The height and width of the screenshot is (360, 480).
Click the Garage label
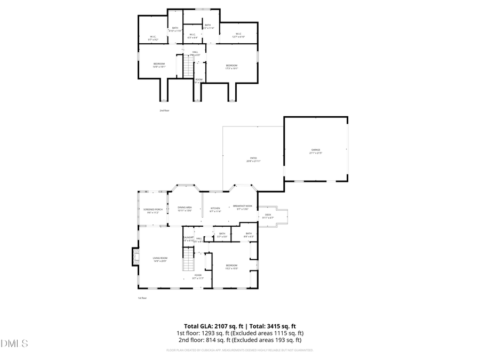pyautogui.click(x=316, y=151)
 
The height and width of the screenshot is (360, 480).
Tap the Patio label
pyautogui.click(x=253, y=159)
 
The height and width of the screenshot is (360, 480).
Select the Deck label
pyautogui.click(x=268, y=216)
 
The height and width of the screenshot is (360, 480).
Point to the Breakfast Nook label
pyautogui.click(x=242, y=207)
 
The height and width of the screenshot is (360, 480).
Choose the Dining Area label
pyautogui.click(x=185, y=209)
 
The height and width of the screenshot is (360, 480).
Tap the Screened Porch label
pyautogui.click(x=153, y=211)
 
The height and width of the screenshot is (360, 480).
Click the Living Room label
pyautogui.click(x=160, y=260)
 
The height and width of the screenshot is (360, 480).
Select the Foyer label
pyautogui.click(x=198, y=276)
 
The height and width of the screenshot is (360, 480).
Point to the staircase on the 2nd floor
pyautogui.click(x=187, y=67)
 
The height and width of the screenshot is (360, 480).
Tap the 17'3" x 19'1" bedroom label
pyautogui.click(x=231, y=67)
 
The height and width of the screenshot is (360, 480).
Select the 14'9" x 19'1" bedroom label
pyautogui.click(x=159, y=65)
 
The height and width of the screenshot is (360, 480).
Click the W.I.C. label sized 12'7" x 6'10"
pyautogui.click(x=238, y=36)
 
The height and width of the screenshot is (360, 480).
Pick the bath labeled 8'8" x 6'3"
pyautogui.click(x=249, y=235)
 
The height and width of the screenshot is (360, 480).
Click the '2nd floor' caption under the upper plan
pyautogui.click(x=164, y=110)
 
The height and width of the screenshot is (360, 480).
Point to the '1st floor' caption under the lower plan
pyautogui.click(x=142, y=298)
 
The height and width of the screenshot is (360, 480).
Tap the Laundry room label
pyautogui.click(x=188, y=238)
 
